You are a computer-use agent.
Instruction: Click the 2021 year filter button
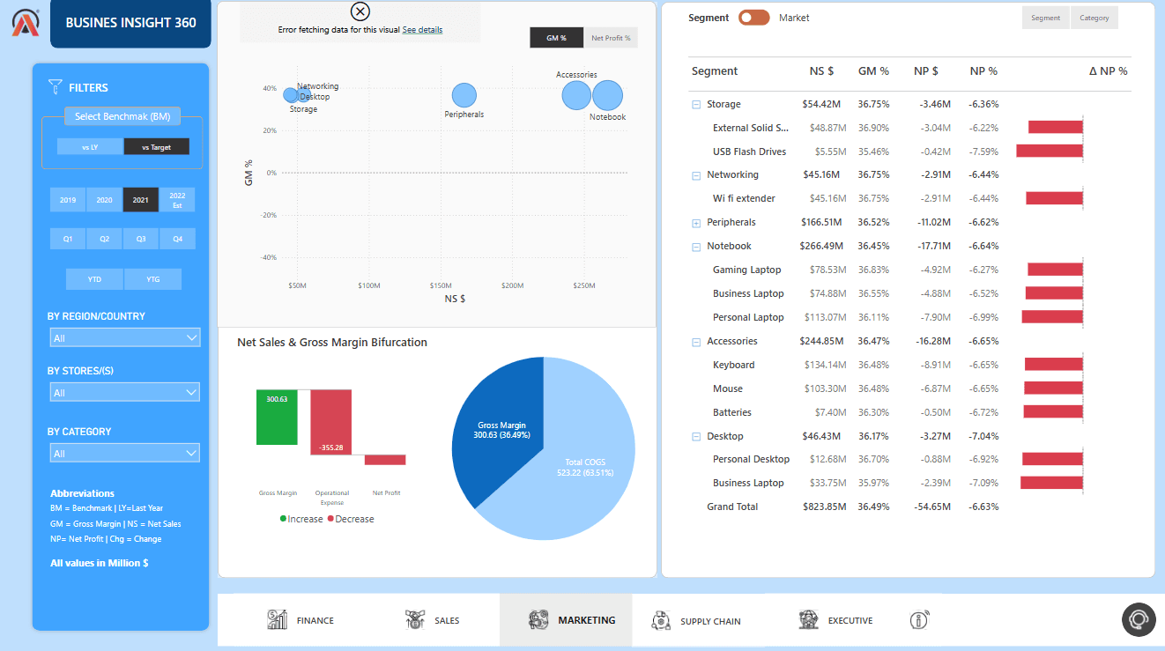[x=140, y=200]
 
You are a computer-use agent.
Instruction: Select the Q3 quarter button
[x=141, y=239]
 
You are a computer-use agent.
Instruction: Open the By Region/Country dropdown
[x=124, y=337]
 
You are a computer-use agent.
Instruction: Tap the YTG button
[x=152, y=279]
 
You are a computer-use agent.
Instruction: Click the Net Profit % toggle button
[x=610, y=38]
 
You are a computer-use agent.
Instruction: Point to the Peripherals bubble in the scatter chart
[x=464, y=95]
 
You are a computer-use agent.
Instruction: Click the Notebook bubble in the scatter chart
[x=607, y=95]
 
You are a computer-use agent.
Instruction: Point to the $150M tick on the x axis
[x=441, y=285]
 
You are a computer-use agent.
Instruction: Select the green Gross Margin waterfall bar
[x=277, y=417]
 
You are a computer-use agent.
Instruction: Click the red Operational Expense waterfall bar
[x=330, y=422]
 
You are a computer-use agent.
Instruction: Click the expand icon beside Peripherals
[x=696, y=223]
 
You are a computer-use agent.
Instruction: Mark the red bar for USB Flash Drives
[x=1049, y=152]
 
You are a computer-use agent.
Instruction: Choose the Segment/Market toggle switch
[x=753, y=18]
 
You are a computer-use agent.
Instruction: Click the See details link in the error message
[x=422, y=30]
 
